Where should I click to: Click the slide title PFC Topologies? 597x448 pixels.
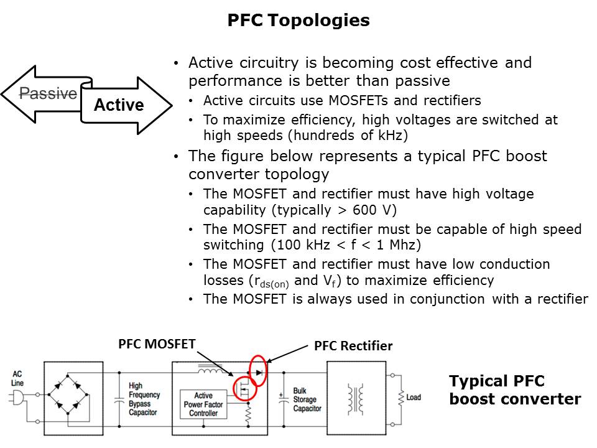298,20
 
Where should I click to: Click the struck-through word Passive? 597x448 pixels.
49,93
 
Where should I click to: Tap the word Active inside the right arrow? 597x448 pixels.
119,105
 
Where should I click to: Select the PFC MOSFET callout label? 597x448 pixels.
157,344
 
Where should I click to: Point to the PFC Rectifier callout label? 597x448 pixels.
353,346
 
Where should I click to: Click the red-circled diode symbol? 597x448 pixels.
259,372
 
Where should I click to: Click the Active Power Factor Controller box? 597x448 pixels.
203,404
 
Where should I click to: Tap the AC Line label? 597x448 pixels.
17,378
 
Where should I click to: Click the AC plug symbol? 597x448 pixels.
17,398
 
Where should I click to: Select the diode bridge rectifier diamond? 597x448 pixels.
68,394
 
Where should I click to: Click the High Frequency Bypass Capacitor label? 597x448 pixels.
144,399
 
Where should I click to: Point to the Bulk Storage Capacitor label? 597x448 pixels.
307,399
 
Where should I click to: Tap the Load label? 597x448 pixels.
414,398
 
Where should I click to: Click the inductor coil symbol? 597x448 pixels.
211,370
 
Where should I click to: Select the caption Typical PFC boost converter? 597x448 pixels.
515,390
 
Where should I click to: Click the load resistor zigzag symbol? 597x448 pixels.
400,398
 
